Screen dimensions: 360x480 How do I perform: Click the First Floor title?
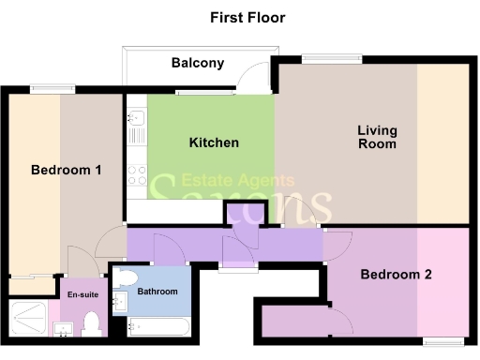pos(247,18)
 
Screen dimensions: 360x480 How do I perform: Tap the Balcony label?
pos(198,64)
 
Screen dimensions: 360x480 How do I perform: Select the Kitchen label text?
pos(214,143)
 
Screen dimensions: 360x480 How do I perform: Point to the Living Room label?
pos(377,137)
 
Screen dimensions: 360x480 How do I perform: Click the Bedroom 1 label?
pos(67,170)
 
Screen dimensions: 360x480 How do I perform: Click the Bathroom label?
pos(157,292)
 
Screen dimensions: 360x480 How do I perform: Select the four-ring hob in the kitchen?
pos(135,173)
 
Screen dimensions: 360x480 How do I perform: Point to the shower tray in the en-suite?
pos(31,317)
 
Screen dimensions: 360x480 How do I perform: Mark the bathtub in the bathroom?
pos(159,327)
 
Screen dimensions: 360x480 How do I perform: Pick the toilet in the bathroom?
pos(127,278)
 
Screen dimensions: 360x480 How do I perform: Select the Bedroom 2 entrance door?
pos(336,246)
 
